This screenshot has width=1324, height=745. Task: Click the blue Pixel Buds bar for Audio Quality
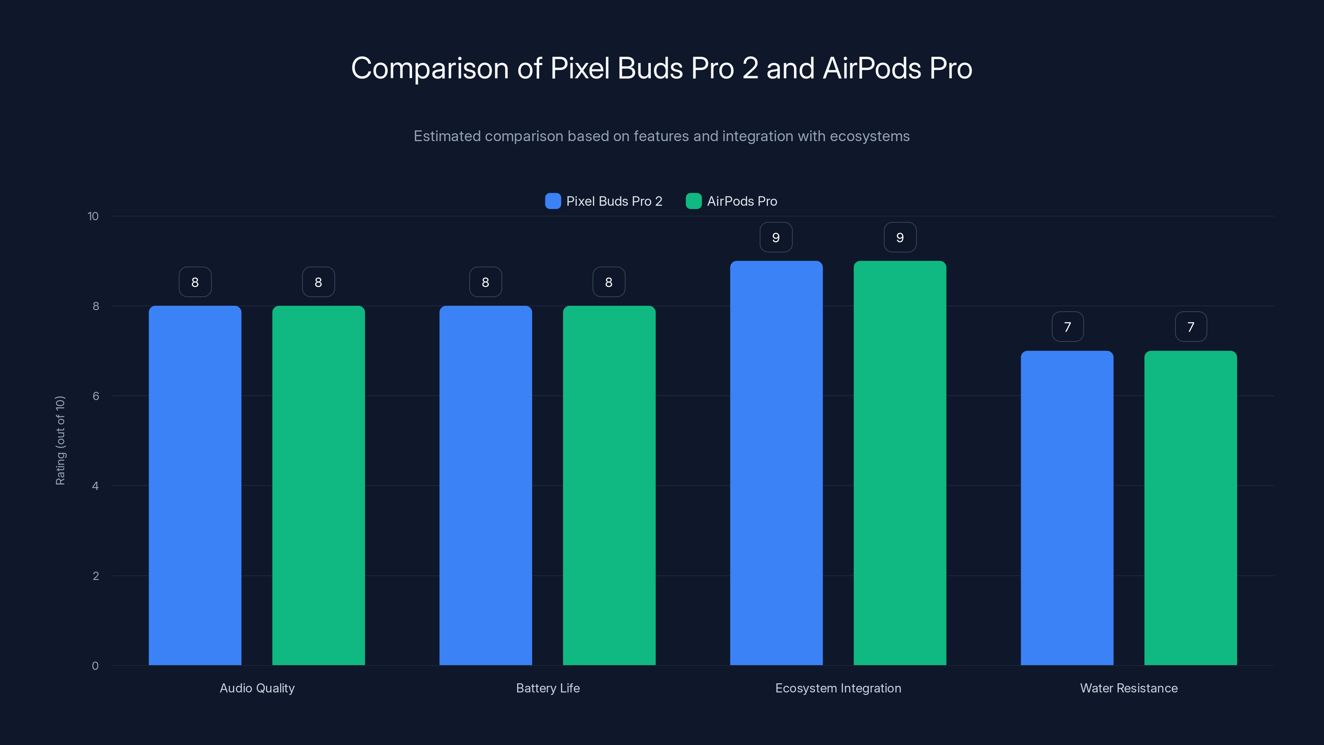click(195, 485)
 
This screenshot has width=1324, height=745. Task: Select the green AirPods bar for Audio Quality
click(318, 485)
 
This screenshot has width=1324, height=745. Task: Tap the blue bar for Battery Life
click(485, 485)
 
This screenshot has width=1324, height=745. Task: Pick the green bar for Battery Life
click(609, 485)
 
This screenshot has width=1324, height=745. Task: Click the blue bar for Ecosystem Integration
click(776, 463)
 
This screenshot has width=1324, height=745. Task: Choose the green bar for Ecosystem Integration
click(899, 463)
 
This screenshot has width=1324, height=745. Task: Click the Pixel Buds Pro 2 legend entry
click(604, 201)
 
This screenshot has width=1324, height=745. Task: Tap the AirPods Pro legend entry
click(732, 201)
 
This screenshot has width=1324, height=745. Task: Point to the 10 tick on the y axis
click(93, 216)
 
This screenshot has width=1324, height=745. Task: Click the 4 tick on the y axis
click(95, 486)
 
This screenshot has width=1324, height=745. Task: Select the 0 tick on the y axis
click(95, 666)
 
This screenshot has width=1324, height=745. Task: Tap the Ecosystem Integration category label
click(838, 688)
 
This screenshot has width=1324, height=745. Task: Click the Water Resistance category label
click(1129, 688)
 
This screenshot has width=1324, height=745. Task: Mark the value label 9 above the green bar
click(899, 238)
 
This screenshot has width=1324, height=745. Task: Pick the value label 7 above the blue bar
click(1067, 327)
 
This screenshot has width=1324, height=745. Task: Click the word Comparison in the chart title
click(430, 68)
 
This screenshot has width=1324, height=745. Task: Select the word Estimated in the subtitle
click(447, 136)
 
